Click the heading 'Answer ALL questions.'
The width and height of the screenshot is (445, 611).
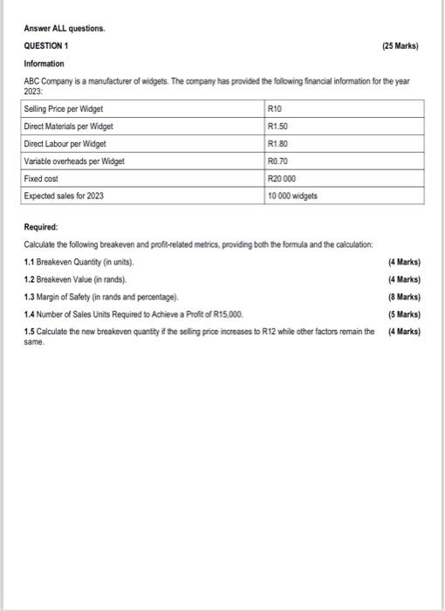tap(65, 28)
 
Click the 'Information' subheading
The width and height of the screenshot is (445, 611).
tap(44, 63)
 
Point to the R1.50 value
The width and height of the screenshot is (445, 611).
tap(278, 126)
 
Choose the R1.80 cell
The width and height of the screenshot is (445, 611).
tap(278, 143)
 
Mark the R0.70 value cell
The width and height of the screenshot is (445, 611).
tap(278, 161)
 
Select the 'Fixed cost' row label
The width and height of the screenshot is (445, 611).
tap(44, 179)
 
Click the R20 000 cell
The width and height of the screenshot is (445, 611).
tap(283, 179)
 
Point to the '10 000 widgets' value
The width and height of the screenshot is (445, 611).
tap(292, 196)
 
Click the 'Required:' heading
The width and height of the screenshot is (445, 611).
tap(42, 227)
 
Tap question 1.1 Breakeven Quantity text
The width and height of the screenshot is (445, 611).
tap(80, 262)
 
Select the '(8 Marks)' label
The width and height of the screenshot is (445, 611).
tap(404, 297)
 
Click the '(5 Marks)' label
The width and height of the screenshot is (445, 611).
tap(404, 314)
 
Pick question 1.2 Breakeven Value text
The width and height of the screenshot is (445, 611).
tap(76, 279)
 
